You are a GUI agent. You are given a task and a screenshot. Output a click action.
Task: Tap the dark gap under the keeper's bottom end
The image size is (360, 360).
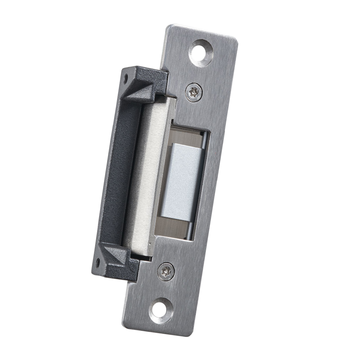pos(142,256)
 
